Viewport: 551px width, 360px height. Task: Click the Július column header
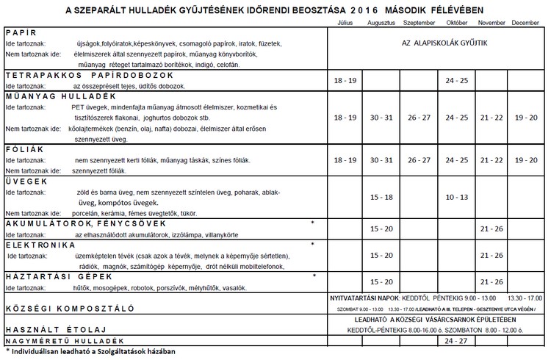click(x=345, y=24)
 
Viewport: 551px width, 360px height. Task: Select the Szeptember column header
click(x=419, y=24)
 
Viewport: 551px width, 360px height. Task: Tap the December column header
click(x=525, y=24)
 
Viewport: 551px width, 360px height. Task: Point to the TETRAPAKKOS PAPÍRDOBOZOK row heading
click(x=89, y=75)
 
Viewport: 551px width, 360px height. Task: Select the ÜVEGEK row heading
click(x=26, y=181)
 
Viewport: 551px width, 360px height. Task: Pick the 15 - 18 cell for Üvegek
click(x=382, y=197)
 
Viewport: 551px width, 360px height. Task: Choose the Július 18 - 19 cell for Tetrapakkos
click(x=345, y=80)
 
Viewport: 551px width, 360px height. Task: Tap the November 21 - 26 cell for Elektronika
click(x=491, y=255)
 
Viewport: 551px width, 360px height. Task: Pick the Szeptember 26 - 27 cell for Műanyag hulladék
click(x=419, y=118)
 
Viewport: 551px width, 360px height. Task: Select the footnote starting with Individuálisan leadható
click(x=92, y=352)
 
